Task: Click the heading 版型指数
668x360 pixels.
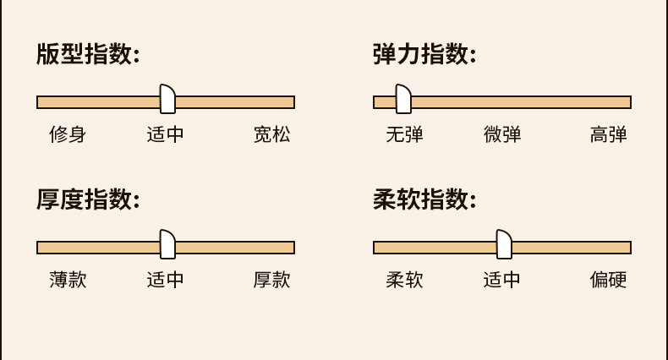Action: coord(87,55)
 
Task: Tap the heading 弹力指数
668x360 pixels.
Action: coord(424,55)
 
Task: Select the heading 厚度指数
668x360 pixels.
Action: coord(87,200)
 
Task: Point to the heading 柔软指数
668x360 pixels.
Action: coord(424,200)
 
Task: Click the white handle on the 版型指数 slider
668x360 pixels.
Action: coord(167,99)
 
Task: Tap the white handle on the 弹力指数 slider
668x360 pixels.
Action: coord(402,99)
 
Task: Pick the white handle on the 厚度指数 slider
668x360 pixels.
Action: coord(167,244)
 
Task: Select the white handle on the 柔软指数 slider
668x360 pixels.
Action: coord(504,244)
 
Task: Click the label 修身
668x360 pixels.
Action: coord(68,134)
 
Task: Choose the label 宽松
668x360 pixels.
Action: coord(271,134)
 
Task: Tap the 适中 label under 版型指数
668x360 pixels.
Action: coord(165,134)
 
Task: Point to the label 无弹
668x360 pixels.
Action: coord(404,134)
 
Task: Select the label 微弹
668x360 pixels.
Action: coord(502,134)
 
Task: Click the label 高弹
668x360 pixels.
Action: coord(608,134)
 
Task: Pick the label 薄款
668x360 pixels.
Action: coord(68,280)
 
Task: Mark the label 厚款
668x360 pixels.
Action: coord(271,280)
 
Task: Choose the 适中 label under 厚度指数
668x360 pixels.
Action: coord(165,280)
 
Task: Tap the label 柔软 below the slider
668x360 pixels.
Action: coord(404,280)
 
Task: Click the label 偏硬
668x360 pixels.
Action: coord(608,280)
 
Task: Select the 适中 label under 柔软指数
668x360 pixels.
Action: coord(502,280)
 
